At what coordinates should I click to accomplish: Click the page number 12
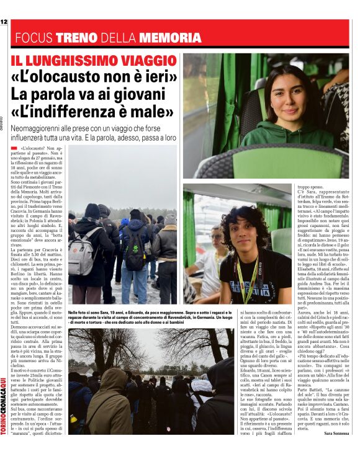point(4,22)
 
